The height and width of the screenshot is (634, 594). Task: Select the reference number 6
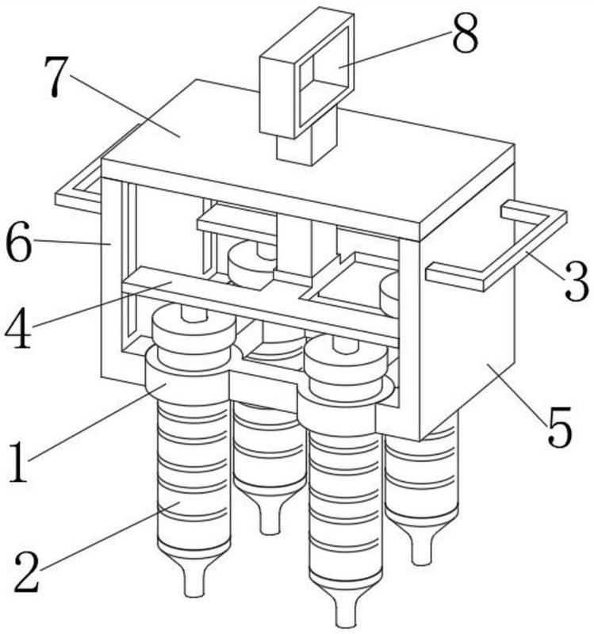coord(18,243)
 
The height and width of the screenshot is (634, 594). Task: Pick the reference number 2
coord(27,572)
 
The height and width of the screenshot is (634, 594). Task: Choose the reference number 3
coord(577,282)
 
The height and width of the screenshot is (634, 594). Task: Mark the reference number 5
coord(560,427)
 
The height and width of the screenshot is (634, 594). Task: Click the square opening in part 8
coord(325,77)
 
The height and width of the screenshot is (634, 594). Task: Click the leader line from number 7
coord(125,106)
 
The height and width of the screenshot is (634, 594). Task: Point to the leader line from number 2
coord(109,537)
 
